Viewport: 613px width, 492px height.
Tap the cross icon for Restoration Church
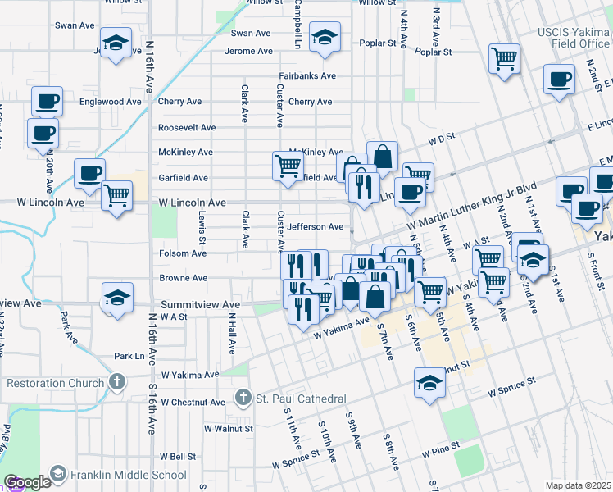(x=117, y=383)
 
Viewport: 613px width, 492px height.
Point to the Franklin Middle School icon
(x=58, y=474)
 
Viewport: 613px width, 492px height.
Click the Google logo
(x=27, y=483)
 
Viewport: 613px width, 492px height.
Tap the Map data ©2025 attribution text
(x=578, y=485)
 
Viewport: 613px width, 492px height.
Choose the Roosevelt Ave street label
(x=186, y=128)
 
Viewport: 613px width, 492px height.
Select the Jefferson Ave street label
(x=315, y=227)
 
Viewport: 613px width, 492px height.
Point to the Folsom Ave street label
(x=182, y=254)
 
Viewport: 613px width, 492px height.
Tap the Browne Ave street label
(x=182, y=279)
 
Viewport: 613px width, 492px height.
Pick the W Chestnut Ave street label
(x=193, y=403)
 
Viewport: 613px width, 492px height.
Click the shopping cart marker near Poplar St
(x=505, y=57)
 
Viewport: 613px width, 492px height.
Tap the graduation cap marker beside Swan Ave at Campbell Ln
(x=325, y=37)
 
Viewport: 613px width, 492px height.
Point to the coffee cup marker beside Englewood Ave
(x=47, y=101)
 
